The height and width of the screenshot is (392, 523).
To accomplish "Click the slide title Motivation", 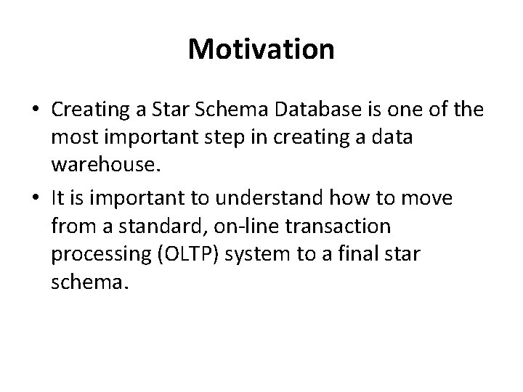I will [x=261, y=50].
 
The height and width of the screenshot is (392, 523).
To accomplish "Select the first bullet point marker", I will [x=36, y=110].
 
